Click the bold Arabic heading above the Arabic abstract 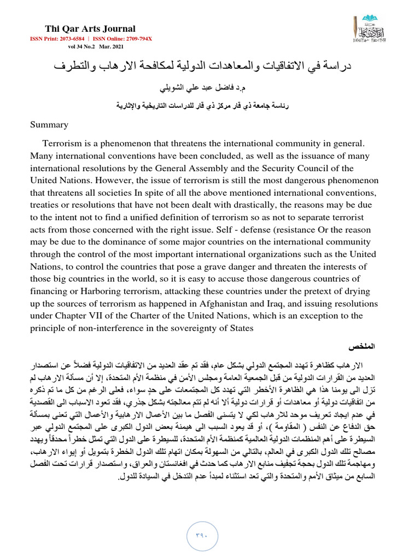pyautogui.click(x=364, y=348)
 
